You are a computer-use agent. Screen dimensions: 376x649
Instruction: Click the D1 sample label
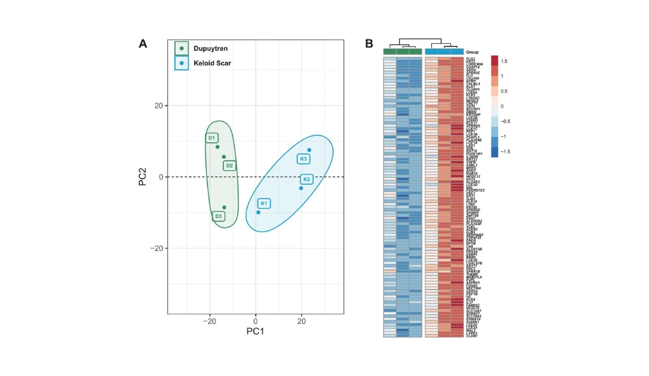coord(212,138)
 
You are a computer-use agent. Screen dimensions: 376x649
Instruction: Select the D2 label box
coord(230,166)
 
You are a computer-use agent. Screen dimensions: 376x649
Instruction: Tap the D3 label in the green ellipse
coord(219,216)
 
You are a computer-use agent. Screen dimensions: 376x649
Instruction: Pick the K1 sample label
coord(264,203)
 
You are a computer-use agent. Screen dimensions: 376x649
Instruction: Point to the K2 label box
coord(307,179)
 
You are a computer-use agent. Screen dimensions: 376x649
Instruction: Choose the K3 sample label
coord(303,159)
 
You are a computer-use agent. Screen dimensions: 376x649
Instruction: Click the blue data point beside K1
coord(258,212)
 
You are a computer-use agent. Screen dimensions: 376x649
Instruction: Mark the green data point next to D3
coord(224,207)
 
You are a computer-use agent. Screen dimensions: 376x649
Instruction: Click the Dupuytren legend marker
coord(182,48)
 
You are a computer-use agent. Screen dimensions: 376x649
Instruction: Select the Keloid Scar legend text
coord(212,63)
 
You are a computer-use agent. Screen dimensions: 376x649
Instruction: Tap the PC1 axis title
coord(255,331)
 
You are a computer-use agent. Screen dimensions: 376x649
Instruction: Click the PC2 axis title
coord(142,177)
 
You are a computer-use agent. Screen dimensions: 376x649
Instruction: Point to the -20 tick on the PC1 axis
coord(210,321)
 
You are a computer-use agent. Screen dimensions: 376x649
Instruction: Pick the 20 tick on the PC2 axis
coord(159,106)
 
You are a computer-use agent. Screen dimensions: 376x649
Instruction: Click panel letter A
coord(143,44)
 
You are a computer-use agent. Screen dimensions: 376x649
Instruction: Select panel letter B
coord(369,44)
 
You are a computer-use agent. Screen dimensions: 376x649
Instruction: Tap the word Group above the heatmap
coord(472,52)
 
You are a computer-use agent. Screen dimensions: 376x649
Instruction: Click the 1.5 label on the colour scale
coord(504,61)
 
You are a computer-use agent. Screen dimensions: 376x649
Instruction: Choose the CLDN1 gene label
coord(472,336)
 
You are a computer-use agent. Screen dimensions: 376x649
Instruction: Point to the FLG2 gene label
coord(471,59)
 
